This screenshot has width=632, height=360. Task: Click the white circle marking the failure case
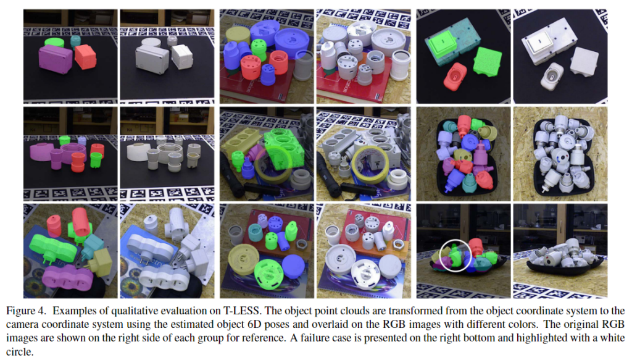[440, 255]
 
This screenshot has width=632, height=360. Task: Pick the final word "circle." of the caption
[20, 352]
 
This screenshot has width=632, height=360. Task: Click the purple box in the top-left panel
[55, 59]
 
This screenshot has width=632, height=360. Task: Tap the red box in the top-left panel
[85, 56]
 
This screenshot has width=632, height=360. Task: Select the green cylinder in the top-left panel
[54, 42]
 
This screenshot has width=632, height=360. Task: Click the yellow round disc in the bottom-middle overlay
[243, 259]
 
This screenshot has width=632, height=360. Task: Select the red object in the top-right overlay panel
[455, 76]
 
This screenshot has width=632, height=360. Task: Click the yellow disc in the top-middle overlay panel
[238, 35]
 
